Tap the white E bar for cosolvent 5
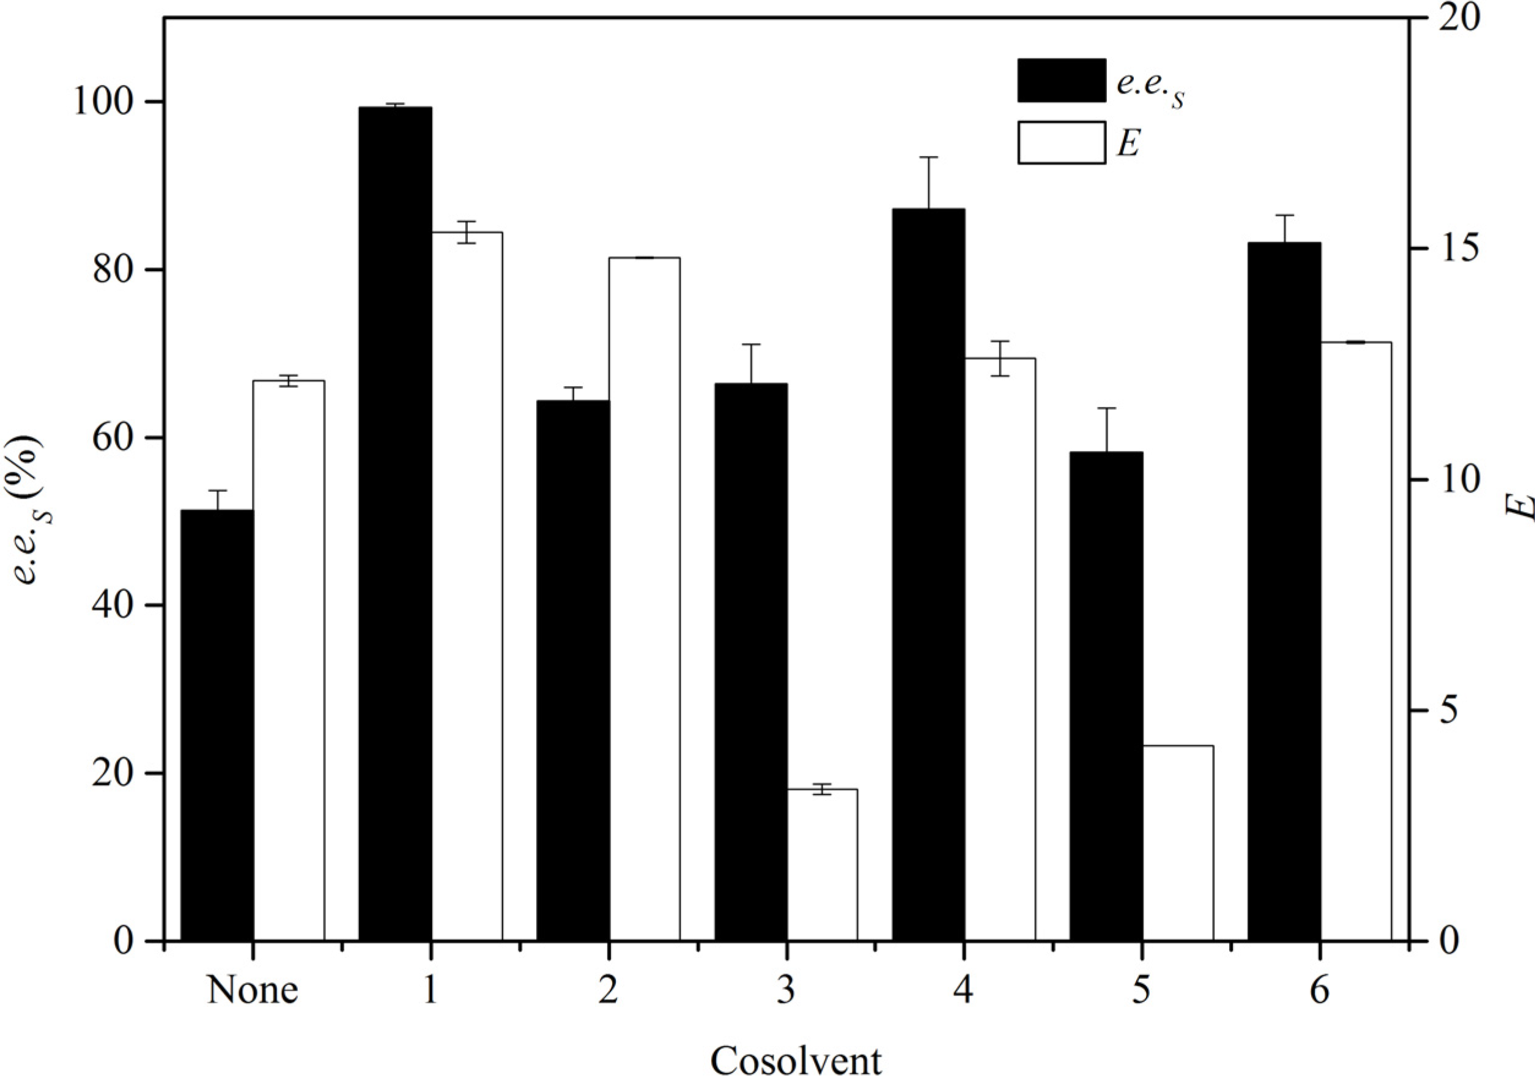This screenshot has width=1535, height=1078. (x=1177, y=842)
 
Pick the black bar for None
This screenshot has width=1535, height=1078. (x=217, y=725)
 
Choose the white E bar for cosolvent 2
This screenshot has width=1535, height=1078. (x=644, y=598)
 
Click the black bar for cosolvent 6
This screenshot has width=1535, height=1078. (x=1284, y=591)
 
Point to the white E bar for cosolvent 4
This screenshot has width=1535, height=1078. (x=999, y=649)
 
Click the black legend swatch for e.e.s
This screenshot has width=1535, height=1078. (x=1061, y=80)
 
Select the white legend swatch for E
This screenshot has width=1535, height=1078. (x=1061, y=143)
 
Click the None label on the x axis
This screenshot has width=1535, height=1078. (x=252, y=991)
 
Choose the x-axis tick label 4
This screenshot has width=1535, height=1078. (x=963, y=991)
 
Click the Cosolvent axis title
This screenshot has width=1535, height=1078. (x=796, y=1060)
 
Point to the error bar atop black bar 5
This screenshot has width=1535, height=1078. (x=1106, y=429)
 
